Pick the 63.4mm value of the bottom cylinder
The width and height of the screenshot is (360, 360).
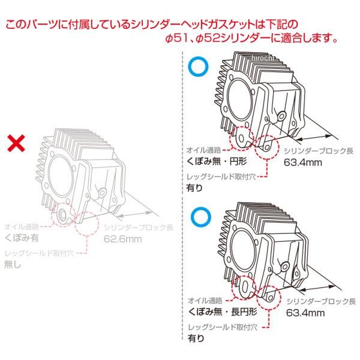[x=305, y=313]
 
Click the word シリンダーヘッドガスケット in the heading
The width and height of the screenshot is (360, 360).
[x=187, y=26]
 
